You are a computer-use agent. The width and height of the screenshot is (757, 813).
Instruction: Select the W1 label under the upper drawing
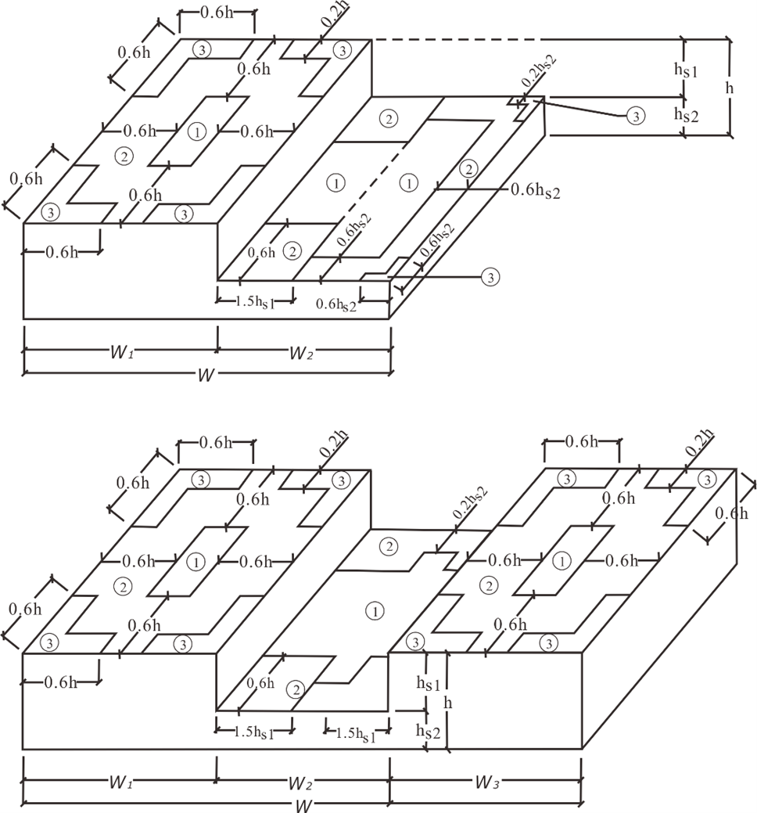[x=120, y=354]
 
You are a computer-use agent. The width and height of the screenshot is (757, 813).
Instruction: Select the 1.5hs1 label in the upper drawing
[x=254, y=300]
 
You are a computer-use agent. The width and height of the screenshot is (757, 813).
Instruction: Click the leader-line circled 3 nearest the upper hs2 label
[x=636, y=117]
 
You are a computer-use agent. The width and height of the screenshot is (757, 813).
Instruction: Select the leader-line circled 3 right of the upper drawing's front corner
[x=490, y=276]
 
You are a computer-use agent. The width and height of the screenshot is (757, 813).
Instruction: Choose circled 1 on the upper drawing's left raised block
[x=197, y=131]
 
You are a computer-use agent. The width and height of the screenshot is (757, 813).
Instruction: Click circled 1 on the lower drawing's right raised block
[x=561, y=560]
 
